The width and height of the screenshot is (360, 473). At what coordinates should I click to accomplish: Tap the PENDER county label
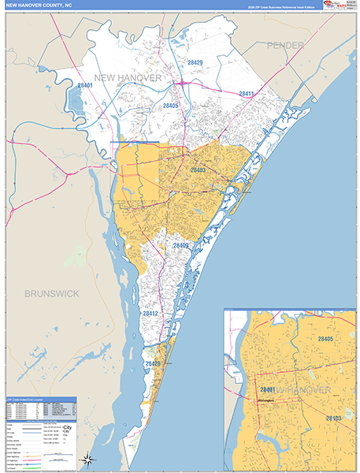click(x=284, y=46)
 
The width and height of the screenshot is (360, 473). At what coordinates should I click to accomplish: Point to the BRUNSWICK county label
click(x=52, y=293)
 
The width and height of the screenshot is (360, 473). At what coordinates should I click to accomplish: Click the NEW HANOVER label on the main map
click(x=128, y=78)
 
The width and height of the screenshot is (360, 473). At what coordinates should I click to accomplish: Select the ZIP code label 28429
click(x=195, y=62)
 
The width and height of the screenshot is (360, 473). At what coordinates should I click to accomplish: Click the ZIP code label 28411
click(x=247, y=94)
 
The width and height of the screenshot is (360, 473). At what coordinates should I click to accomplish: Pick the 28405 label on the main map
click(x=171, y=106)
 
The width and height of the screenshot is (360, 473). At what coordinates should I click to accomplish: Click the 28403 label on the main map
click(x=198, y=169)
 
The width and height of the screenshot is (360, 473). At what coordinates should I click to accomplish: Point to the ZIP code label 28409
click(x=181, y=246)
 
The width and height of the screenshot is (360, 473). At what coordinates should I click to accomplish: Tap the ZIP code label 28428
click(x=153, y=363)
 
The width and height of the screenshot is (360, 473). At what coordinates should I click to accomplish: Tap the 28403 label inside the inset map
click(x=333, y=418)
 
